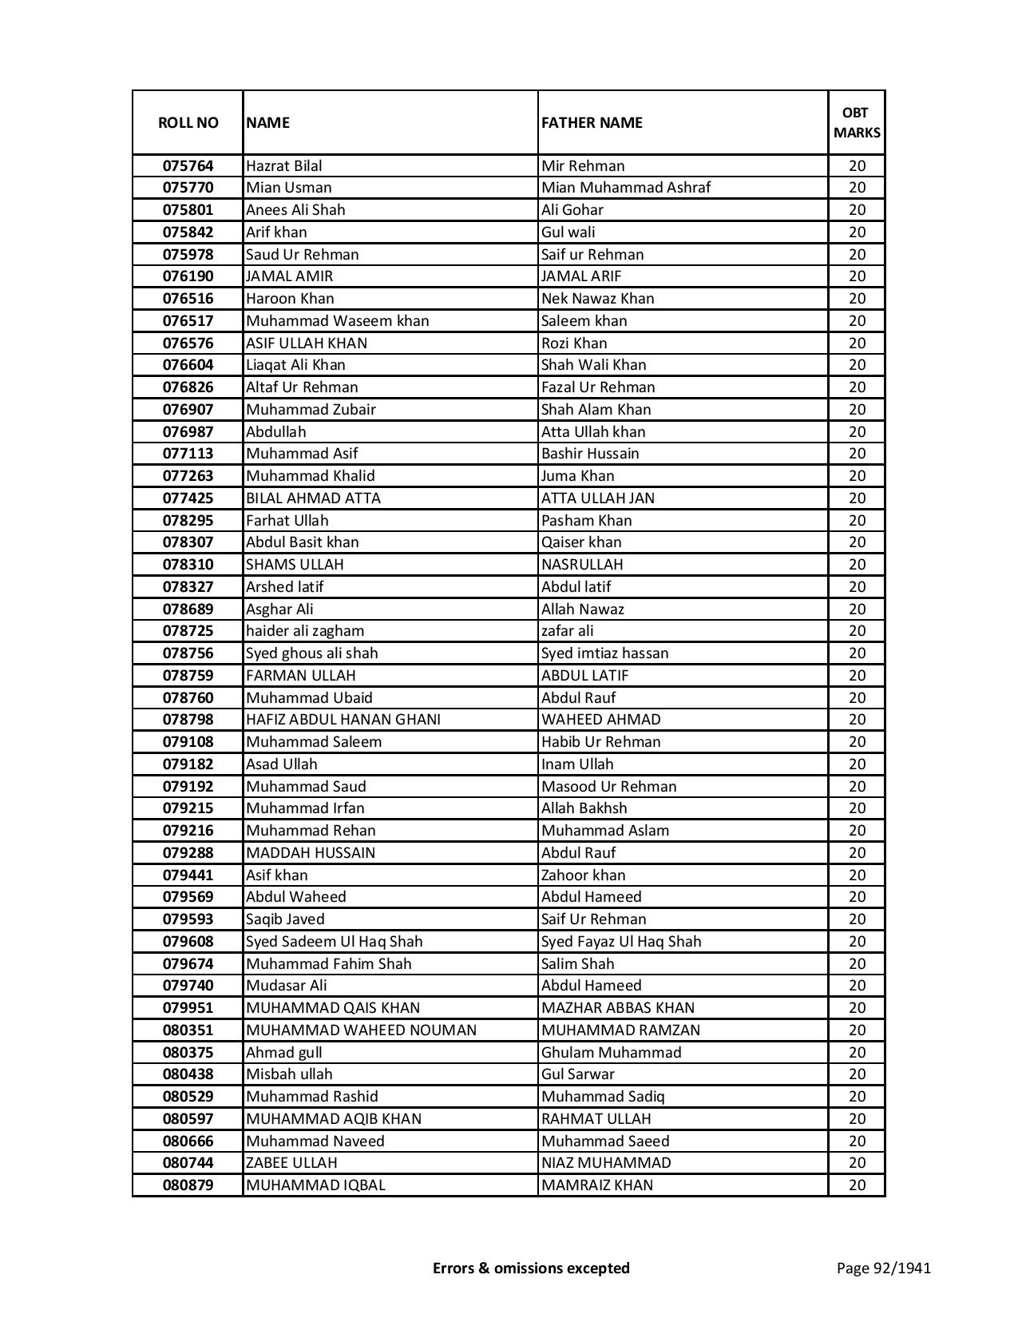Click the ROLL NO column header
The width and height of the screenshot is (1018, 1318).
[188, 122]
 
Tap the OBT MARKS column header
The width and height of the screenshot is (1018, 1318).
[857, 122]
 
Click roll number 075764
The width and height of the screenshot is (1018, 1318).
[188, 166]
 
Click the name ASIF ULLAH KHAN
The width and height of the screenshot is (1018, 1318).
[307, 343]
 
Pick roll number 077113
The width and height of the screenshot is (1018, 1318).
[188, 454]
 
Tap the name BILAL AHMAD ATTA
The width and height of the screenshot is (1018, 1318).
[313, 498]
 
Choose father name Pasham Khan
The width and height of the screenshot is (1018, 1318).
[586, 520]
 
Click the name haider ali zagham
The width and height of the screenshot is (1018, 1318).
[305, 631]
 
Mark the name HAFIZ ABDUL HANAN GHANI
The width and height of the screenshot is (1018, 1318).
[343, 720]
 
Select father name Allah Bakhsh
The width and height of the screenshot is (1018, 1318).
[584, 808]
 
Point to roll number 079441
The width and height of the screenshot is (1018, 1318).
[188, 875]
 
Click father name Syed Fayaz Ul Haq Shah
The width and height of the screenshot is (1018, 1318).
[621, 941]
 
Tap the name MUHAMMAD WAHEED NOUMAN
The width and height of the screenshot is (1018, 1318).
[361, 1030]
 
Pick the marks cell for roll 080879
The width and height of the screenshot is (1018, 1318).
[857, 1185]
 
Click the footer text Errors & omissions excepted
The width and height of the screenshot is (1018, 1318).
[531, 1268]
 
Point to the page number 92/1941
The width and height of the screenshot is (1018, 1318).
[884, 1268]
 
